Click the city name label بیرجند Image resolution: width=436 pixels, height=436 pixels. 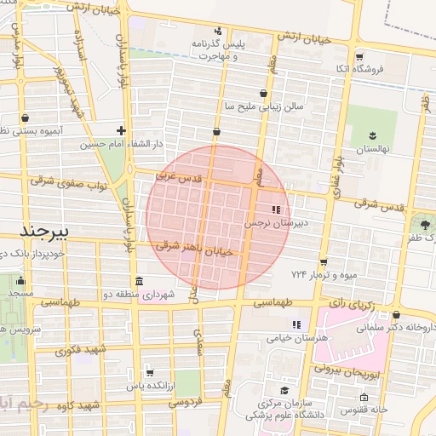48,231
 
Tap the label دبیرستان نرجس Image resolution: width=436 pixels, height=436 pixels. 275,223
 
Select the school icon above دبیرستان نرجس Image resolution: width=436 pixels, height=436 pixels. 275,209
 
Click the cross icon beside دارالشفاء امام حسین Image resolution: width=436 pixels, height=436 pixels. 122,130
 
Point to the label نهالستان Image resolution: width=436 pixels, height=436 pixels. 372,149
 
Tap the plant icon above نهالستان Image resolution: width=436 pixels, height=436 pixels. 372,135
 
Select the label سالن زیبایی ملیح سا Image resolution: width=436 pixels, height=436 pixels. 263,107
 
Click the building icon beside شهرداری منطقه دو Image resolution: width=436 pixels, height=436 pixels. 139,281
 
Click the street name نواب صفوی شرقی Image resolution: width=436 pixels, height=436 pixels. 66,181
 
